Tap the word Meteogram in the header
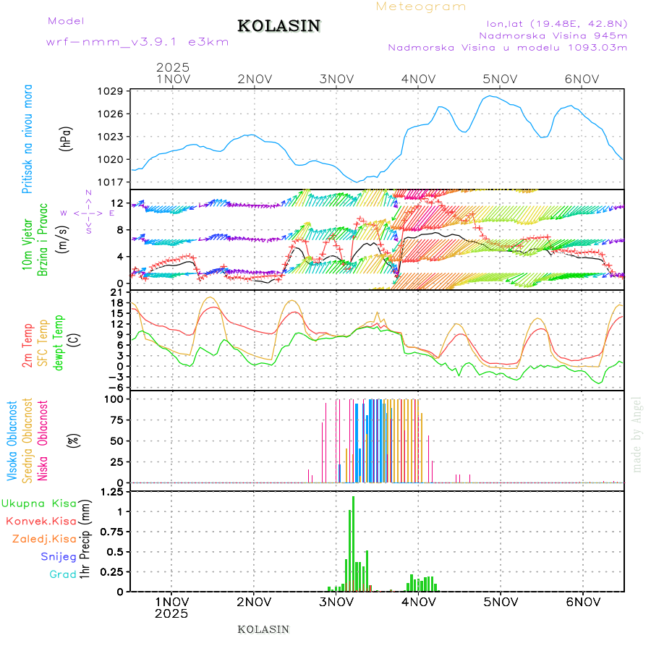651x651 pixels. tap(421, 7)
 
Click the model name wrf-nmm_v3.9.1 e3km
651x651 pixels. tap(137, 42)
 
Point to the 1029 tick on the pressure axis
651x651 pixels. tap(112, 91)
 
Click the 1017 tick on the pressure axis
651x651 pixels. tap(112, 182)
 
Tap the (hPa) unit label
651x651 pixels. tap(66, 137)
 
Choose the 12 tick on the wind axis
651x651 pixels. tap(117, 203)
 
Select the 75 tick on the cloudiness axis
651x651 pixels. tap(116, 420)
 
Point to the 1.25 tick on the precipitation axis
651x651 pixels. tap(112, 493)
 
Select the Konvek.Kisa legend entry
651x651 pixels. tap(41, 521)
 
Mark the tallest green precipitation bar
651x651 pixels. tap(353, 542)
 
